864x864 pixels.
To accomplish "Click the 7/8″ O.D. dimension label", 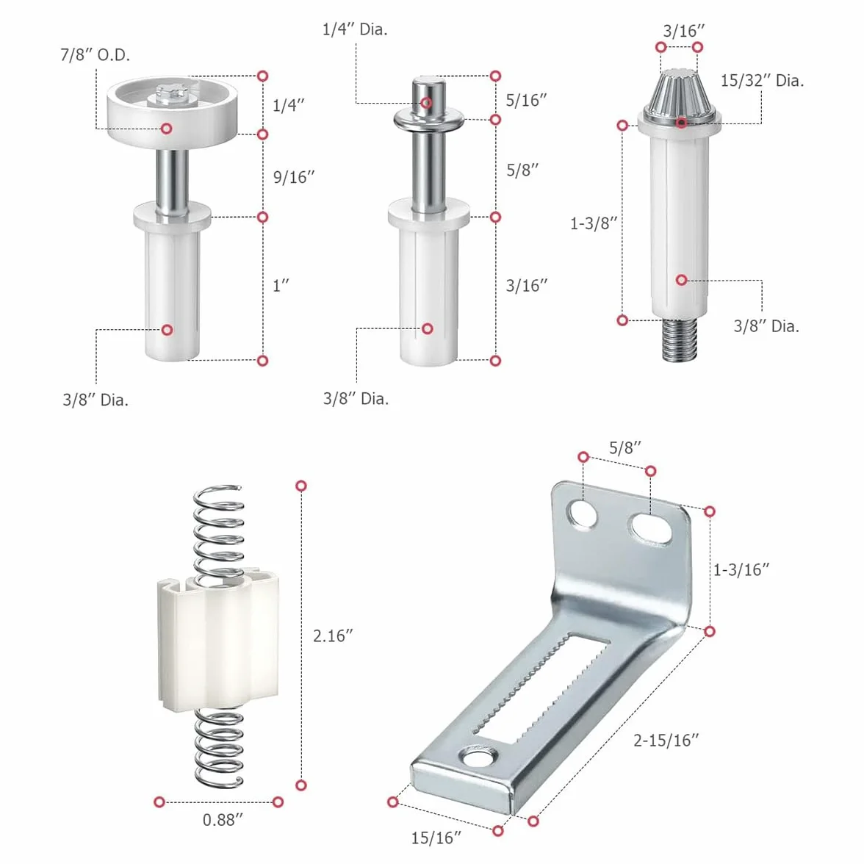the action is tap(96, 55).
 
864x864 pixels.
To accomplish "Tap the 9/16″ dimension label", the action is tap(294, 178).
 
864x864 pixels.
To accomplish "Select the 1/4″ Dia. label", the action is tap(355, 29).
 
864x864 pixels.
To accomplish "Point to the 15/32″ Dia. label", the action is tap(762, 81).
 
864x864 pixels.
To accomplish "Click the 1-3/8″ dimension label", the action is tap(594, 223).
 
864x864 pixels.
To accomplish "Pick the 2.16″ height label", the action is tap(333, 636).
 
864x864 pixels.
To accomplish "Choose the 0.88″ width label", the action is tap(223, 820).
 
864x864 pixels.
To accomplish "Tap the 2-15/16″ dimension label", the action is tap(666, 740).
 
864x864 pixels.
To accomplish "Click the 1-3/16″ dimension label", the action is tap(741, 570).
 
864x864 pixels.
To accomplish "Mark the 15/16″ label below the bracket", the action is tap(436, 838).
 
